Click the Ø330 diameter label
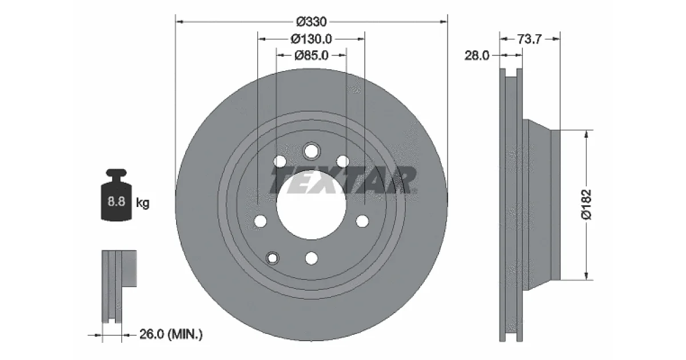click(311, 22)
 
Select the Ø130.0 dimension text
click(311, 39)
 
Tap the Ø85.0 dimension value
click(311, 55)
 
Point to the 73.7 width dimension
click(529, 39)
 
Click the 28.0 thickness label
click(477, 55)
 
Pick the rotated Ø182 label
click(586, 205)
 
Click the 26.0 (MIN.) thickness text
click(171, 334)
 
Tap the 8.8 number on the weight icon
click(117, 201)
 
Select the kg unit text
click(143, 203)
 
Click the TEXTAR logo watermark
click(343, 180)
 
